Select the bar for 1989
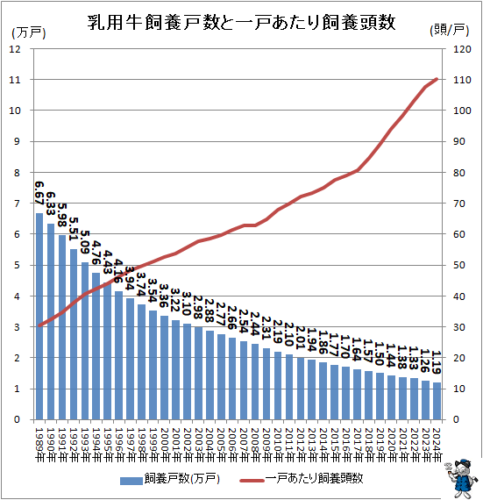click(x=39, y=316)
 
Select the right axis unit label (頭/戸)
click(x=452, y=30)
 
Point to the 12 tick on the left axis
click(x=14, y=49)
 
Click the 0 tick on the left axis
click(x=17, y=420)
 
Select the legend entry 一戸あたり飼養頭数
click(x=315, y=479)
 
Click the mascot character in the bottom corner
click(x=461, y=477)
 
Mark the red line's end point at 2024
click(x=437, y=79)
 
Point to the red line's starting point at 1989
click(x=39, y=325)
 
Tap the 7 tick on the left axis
click(x=17, y=204)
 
